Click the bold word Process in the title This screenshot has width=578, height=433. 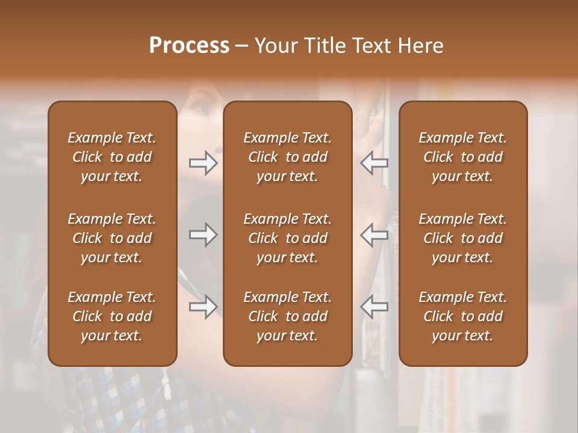[189, 46]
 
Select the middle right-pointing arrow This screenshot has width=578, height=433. [203, 235]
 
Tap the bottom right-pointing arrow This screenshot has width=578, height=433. [203, 307]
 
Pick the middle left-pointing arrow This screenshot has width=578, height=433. [374, 235]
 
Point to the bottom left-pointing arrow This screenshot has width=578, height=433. [374, 307]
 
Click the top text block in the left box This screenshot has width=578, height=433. [112, 157]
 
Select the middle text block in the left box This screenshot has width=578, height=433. [112, 238]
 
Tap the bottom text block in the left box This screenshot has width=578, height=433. [112, 316]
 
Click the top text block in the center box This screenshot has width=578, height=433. [287, 157]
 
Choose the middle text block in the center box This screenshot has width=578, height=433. [287, 238]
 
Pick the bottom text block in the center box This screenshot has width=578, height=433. [287, 316]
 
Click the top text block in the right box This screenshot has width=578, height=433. [463, 157]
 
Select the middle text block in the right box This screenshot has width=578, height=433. [463, 238]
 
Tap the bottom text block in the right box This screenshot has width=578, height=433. [463, 316]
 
